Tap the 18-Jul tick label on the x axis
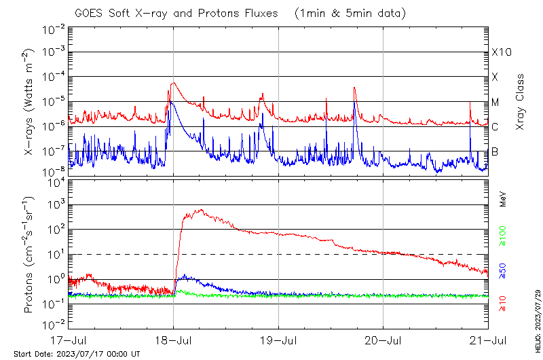click(x=173, y=339)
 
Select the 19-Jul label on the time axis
click(x=278, y=339)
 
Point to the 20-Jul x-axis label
click(x=383, y=339)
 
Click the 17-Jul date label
click(x=68, y=339)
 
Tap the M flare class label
click(x=495, y=103)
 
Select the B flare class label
click(x=495, y=151)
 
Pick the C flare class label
click(x=495, y=127)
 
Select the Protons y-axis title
click(x=29, y=255)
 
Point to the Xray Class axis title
click(x=521, y=102)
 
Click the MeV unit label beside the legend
click(x=503, y=198)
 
